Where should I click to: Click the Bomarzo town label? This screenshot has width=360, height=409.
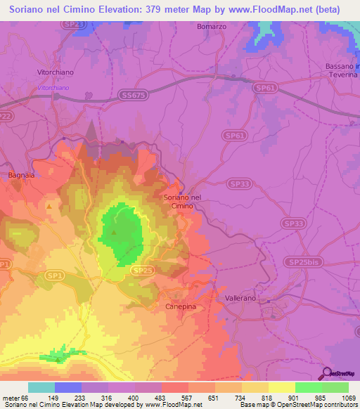(x=211, y=26)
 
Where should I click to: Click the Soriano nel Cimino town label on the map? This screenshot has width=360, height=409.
(x=182, y=201)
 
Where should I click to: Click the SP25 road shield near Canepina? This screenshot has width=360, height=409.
(x=141, y=270)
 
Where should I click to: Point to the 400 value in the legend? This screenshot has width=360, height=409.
(x=133, y=397)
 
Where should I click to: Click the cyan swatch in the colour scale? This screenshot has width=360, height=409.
(x=41, y=387)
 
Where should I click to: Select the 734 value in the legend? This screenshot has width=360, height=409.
(x=240, y=397)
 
